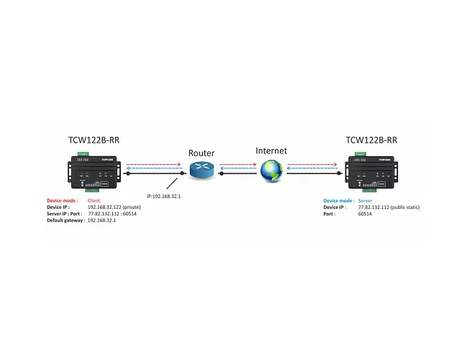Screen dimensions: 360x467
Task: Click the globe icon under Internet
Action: [x=271, y=171]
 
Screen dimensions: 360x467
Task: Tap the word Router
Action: [x=201, y=153]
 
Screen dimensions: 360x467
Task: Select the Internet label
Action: [x=271, y=150]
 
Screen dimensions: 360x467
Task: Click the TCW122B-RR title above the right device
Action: [x=371, y=140]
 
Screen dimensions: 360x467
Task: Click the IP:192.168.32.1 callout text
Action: [x=163, y=196]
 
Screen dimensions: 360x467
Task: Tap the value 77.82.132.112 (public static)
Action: [x=388, y=207]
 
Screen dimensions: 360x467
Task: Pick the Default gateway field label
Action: [x=65, y=220]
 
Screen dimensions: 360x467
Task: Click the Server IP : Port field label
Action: [x=65, y=214]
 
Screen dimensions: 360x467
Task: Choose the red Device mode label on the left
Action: [x=63, y=200]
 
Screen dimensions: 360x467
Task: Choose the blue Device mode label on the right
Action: [x=338, y=201]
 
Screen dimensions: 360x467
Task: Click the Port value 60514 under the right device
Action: [x=365, y=214]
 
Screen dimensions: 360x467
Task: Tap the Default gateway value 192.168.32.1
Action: [x=102, y=220]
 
